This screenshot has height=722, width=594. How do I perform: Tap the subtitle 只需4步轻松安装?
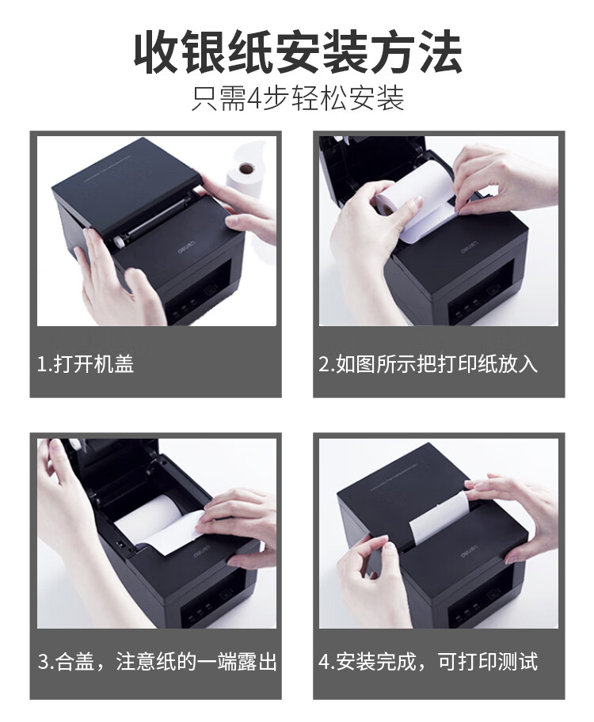(297, 100)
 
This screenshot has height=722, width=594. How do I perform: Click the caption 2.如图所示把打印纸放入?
(428, 363)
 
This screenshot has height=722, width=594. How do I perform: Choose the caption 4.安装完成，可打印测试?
(428, 661)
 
